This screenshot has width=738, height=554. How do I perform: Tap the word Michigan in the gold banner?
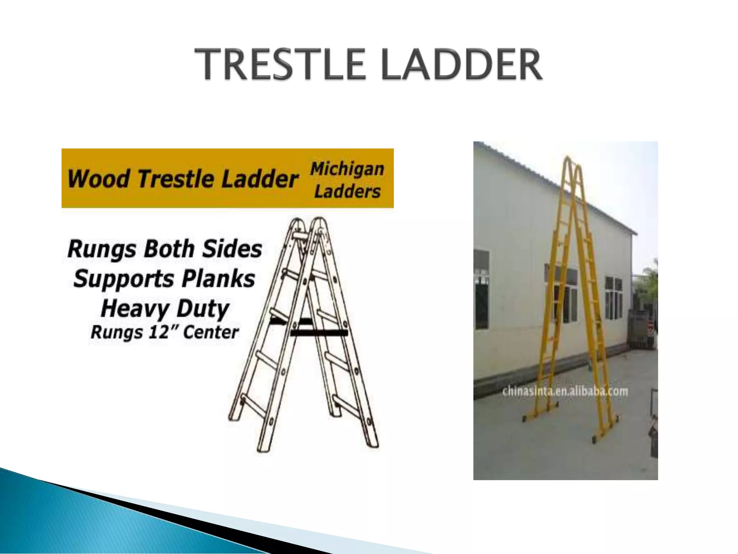click(347, 169)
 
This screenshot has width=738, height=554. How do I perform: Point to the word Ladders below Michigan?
click(347, 191)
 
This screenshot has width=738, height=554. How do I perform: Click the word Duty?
click(203, 309)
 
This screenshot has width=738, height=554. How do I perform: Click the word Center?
click(211, 332)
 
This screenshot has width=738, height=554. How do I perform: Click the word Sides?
click(232, 249)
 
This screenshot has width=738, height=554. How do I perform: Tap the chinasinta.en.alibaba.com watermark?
click(565, 391)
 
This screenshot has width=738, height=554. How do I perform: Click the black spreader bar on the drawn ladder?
click(319, 332)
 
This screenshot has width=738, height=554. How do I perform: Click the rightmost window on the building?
click(614, 298)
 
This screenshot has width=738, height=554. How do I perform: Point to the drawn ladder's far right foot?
click(373, 444)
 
